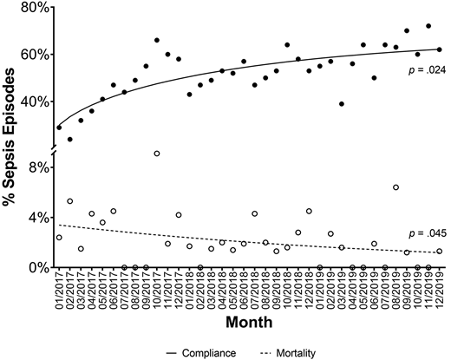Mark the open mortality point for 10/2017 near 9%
click(157, 154)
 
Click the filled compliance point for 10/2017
click(157, 40)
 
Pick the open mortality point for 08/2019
click(395, 187)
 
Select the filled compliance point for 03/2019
click(342, 104)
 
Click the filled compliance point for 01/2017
click(59, 128)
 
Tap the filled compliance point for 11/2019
click(428, 26)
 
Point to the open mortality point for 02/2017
click(69, 201)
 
